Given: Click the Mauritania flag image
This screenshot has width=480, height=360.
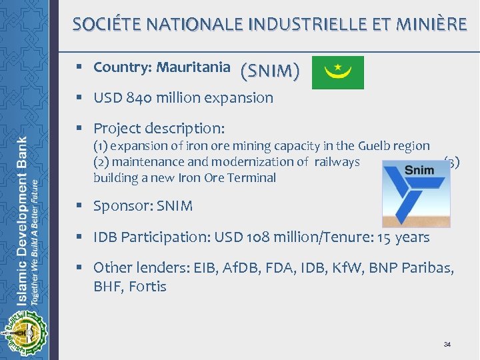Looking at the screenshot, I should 339,73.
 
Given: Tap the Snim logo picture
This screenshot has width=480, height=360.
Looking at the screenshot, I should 416,193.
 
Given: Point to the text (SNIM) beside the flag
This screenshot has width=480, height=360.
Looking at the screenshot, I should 270,70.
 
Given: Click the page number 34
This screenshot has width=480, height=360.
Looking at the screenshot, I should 447,344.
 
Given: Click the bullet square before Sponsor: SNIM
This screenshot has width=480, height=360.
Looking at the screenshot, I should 79,206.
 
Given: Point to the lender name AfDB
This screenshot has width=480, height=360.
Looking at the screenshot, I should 222,268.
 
